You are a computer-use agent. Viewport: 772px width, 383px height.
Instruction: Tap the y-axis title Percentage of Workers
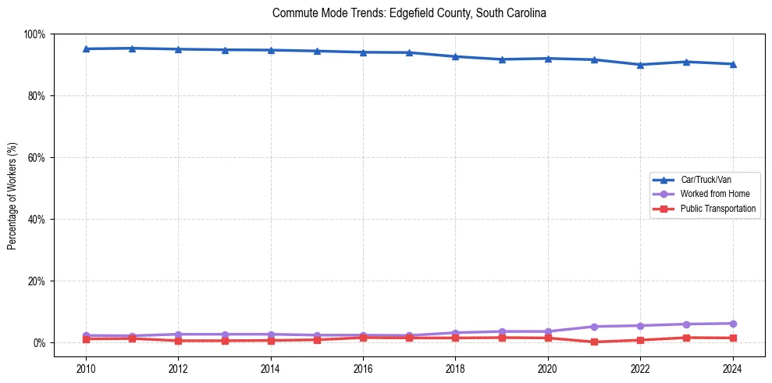pyautogui.click(x=12, y=195)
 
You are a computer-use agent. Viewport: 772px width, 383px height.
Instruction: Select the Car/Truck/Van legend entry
pyautogui.click(x=705, y=180)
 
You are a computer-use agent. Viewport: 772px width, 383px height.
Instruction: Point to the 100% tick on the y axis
pyautogui.click(x=34, y=34)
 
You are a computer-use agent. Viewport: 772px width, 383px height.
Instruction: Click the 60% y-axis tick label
pyautogui.click(x=37, y=158)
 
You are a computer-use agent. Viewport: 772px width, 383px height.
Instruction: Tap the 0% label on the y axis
pyautogui.click(x=39, y=343)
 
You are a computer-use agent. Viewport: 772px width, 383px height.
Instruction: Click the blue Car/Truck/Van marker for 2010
pyautogui.click(x=86, y=48)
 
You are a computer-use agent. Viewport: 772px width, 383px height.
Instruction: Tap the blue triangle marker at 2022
pyautogui.click(x=640, y=65)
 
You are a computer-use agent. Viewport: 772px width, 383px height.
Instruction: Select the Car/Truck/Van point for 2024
pyautogui.click(x=732, y=64)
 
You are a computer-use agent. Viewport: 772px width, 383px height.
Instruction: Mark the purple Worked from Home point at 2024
pyautogui.click(x=732, y=324)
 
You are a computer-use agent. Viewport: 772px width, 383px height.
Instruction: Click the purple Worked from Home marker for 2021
pyautogui.click(x=594, y=327)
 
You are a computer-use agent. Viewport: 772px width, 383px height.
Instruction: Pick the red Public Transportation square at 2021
pyautogui.click(x=594, y=342)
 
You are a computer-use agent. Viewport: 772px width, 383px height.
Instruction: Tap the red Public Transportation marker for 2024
pyautogui.click(x=732, y=338)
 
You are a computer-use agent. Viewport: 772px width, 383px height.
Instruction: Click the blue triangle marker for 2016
pyautogui.click(x=363, y=52)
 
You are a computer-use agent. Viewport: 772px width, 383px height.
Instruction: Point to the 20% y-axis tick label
pyautogui.click(x=37, y=281)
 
